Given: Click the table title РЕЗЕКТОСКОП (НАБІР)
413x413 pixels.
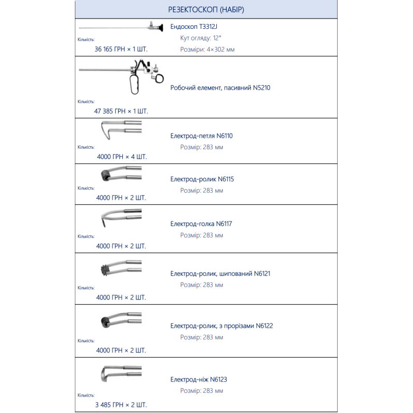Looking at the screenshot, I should coord(206,10).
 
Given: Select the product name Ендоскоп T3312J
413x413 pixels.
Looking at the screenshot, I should coord(197,26).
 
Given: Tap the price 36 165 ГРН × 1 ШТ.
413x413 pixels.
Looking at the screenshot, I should coord(121,50).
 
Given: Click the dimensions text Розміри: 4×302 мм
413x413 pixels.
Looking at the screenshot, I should coord(211,50).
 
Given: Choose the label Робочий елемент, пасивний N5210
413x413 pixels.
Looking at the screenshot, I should coord(220,88).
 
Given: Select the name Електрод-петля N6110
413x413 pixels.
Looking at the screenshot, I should coord(202,136).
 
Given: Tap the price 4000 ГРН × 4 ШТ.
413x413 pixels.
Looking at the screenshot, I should coord(121,156).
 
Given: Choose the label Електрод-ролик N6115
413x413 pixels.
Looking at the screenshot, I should coord(202,179).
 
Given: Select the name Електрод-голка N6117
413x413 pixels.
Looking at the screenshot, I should coord(201,224).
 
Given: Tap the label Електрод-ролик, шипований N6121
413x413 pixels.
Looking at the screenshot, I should coord(220,273).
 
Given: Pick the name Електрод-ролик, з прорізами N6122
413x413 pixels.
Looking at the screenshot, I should coord(221,326).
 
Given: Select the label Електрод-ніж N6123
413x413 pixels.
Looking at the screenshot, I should coord(199,379).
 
